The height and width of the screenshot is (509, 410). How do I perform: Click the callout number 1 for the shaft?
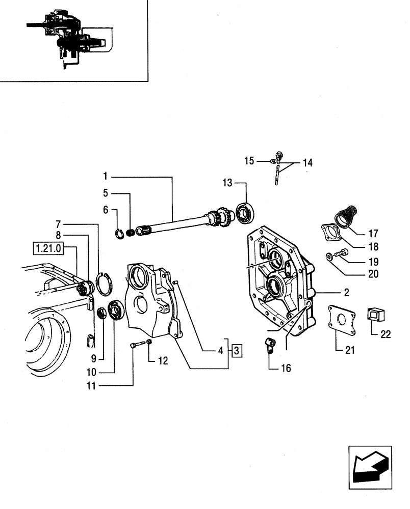105,177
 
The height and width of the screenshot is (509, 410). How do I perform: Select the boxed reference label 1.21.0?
47,248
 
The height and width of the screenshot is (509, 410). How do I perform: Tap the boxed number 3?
238,351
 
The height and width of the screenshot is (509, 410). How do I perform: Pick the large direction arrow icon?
370,464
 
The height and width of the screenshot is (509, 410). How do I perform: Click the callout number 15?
249,161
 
